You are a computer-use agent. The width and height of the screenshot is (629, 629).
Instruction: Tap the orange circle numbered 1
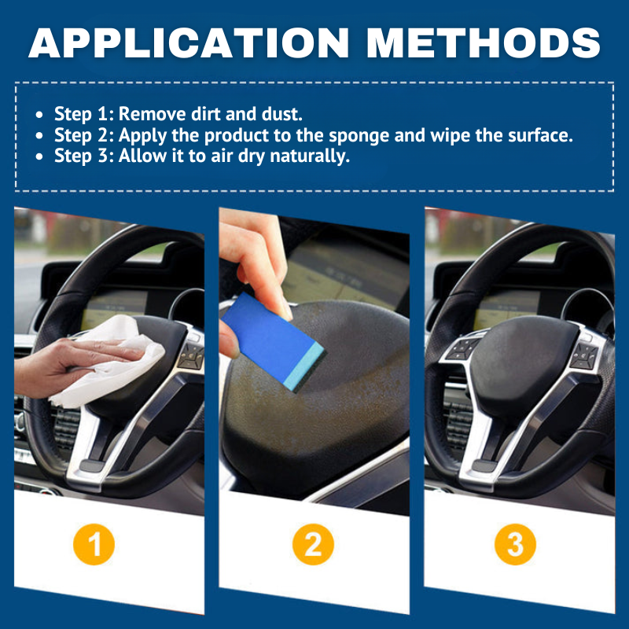[x=94, y=545]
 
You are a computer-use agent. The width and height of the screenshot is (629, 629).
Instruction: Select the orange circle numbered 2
[x=314, y=545]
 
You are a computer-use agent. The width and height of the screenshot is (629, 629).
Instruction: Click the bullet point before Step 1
[x=39, y=114]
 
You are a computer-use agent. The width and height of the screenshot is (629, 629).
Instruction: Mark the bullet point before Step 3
[x=39, y=156]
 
